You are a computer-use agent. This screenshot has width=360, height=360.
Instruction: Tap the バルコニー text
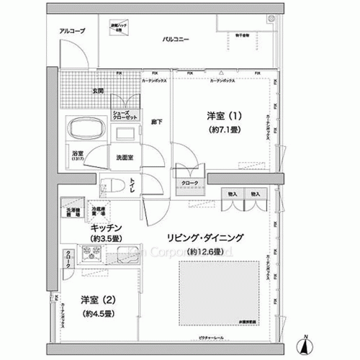176,39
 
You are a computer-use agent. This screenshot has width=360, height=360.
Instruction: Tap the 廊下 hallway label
156,122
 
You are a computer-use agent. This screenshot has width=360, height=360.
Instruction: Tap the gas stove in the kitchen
92,254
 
